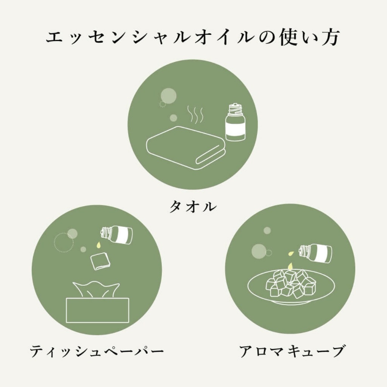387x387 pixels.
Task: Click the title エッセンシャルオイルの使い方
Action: point(193,38)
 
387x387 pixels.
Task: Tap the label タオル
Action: point(193,207)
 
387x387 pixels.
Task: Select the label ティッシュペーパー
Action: point(97,351)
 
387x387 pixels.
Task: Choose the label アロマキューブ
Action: point(292,351)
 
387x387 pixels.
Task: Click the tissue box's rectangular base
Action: point(97,310)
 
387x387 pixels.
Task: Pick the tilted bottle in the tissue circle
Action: point(118,234)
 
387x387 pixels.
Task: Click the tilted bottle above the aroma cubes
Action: point(316,252)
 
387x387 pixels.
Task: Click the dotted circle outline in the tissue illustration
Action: point(63,242)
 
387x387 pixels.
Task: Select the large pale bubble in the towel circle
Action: point(169,95)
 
